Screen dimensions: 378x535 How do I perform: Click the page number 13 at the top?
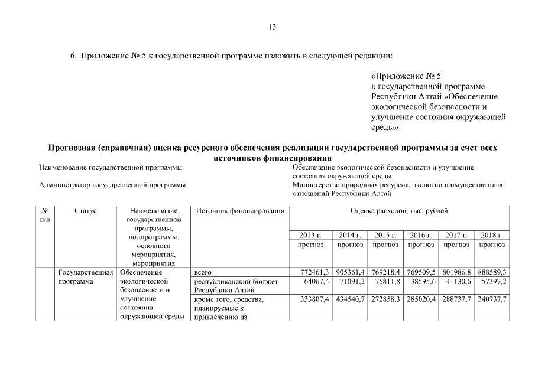272,27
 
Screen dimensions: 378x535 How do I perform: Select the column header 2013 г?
310,235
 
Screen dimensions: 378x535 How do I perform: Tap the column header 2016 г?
421,235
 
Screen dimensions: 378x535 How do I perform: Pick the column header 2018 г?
492,235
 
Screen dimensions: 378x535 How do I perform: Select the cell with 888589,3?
492,272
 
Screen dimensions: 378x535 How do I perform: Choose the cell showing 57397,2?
494,282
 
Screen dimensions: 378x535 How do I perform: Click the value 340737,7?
492,300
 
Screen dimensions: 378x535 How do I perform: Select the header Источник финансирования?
240,211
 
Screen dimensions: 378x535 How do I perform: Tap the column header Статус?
86,211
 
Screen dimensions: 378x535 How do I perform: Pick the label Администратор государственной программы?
112,185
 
